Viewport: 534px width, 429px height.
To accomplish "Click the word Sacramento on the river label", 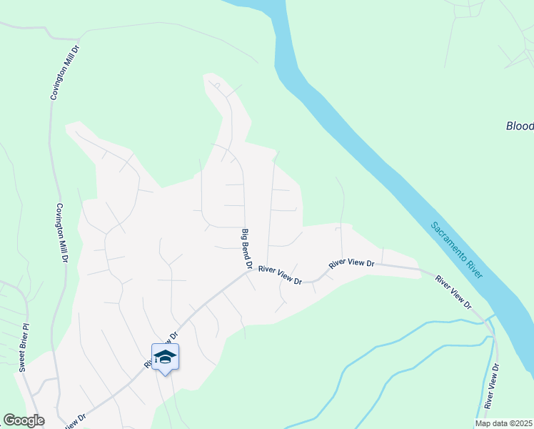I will pos(447,237).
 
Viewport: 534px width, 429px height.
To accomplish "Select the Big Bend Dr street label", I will pos(247,249).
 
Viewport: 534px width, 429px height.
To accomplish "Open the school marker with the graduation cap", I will pos(165,357).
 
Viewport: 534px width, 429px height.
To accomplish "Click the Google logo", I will pos(24,420).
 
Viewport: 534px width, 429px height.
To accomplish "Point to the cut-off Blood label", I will pos(520,126).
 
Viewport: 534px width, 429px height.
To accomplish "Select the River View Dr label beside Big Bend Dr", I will pos(281,275).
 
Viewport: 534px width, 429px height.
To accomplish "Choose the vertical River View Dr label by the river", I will pos(491,386).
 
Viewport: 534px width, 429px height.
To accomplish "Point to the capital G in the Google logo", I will pos(9,420).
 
